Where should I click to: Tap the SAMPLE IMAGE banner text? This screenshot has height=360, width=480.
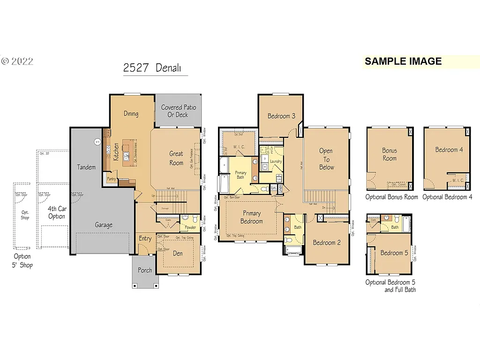pos(403,61)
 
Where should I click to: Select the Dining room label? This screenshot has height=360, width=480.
pos(131,113)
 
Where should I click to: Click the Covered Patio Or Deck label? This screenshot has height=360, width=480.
pos(178,111)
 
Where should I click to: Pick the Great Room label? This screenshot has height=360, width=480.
pos(176,158)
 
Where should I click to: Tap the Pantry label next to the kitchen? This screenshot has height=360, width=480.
pos(111,179)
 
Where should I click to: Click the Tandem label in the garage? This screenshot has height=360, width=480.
pos(86,167)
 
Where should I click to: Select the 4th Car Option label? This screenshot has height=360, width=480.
pos(57,213)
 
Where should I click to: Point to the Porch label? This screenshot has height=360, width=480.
pos(145,270)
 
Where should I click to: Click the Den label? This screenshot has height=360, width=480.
pos(178,254)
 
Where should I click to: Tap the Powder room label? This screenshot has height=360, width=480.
pos(190,227)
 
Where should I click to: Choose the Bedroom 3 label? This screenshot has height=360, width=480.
pos(281,116)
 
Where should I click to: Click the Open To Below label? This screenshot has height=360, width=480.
pos(326,159)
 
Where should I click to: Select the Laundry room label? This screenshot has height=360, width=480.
pos(276,162)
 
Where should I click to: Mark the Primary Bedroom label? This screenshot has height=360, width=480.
pos(251,217)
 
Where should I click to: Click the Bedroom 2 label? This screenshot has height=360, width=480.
pos(327,242)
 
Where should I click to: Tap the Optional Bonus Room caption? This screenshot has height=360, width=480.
pos(391,197)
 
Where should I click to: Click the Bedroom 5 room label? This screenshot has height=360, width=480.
pos(391,253)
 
